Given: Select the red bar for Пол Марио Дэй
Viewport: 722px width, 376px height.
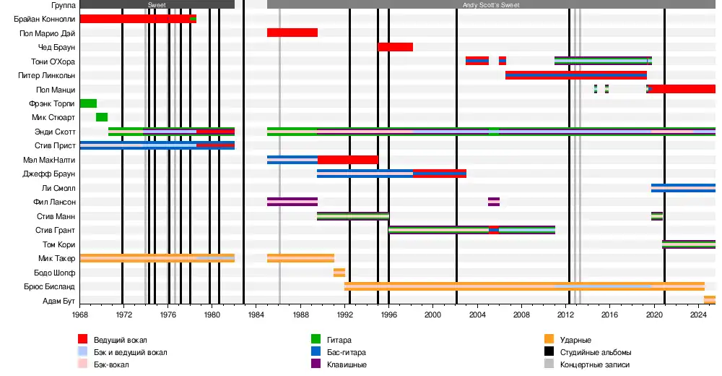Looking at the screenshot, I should point(292,33).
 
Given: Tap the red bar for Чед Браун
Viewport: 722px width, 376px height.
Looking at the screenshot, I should point(395,47).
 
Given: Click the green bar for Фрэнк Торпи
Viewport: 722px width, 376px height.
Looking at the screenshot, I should point(88,103).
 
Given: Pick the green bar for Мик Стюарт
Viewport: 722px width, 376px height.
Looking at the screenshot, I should point(102,117).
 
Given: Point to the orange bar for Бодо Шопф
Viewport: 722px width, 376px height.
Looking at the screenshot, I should point(339,273).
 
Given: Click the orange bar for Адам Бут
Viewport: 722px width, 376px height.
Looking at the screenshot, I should point(710,300).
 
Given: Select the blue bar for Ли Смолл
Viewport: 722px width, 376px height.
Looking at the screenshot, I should point(683,188).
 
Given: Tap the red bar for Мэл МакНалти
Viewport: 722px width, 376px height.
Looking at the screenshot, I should point(347,160).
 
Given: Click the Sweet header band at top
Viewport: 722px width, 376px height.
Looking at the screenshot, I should point(157,4).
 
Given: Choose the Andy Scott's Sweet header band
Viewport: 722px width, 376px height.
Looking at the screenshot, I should point(491,4).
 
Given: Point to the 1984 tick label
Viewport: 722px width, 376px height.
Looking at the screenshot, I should point(256,315).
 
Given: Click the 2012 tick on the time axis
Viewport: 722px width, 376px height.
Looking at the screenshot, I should point(565,315).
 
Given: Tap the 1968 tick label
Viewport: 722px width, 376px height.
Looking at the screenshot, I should point(80,315).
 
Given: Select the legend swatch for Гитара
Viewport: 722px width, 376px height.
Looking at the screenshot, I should point(316,339).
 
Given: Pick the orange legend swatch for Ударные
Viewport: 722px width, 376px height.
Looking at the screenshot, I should point(550,339).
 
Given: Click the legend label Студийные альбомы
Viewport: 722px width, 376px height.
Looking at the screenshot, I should point(591,352).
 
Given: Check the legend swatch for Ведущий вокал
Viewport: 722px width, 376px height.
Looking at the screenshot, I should point(83,339).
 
